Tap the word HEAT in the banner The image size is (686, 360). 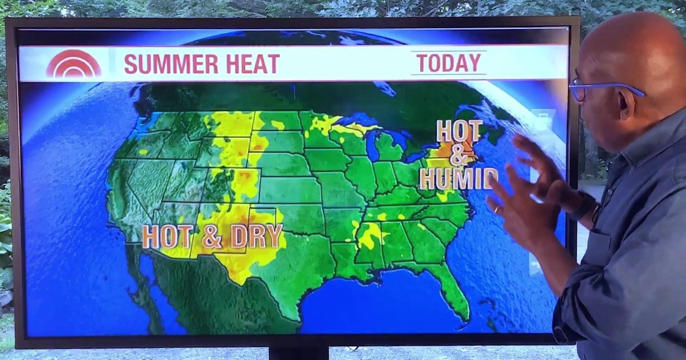[x=253, y=64]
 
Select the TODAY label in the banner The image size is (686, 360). [x=449, y=63]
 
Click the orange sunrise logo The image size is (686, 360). [x=73, y=65]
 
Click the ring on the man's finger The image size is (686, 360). [x=497, y=210]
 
